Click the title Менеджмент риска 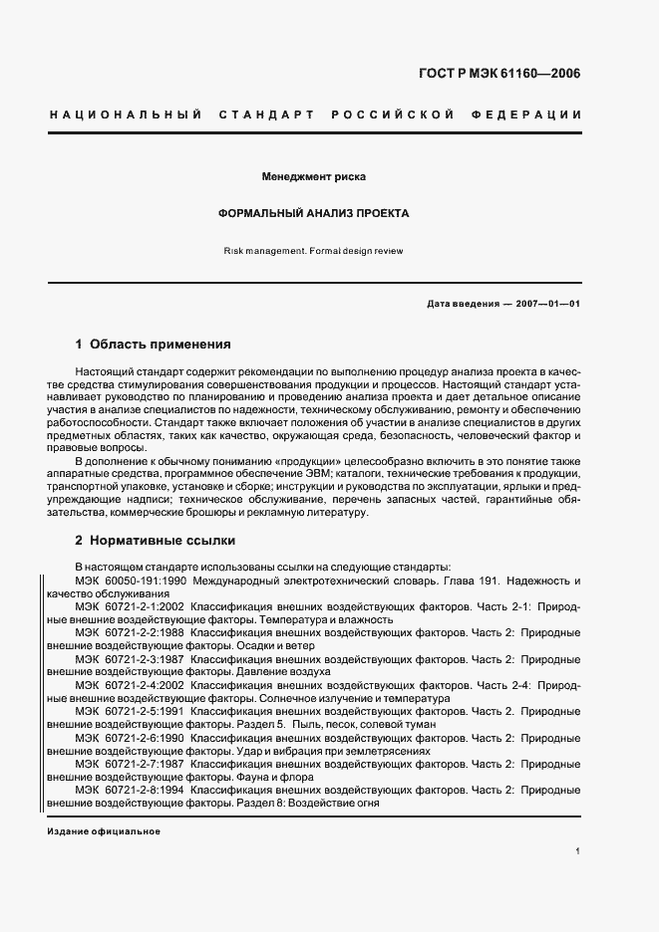point(314,177)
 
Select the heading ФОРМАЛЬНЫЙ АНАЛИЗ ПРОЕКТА point(314,214)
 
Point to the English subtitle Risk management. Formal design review point(314,251)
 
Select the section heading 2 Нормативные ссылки point(155,541)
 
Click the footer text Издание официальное point(104,831)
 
